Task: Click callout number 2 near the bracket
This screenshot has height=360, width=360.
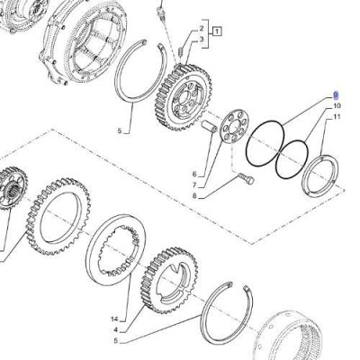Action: (x=203, y=29)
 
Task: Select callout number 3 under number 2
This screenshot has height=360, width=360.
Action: (x=203, y=40)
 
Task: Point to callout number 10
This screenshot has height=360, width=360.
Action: (x=337, y=106)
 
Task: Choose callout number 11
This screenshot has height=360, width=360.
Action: (x=337, y=118)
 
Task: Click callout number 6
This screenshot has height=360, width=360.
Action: (x=193, y=174)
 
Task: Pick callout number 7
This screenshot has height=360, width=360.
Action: (x=193, y=185)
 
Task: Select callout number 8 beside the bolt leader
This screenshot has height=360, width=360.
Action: (x=193, y=196)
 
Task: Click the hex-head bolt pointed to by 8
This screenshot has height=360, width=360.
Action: (x=246, y=180)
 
